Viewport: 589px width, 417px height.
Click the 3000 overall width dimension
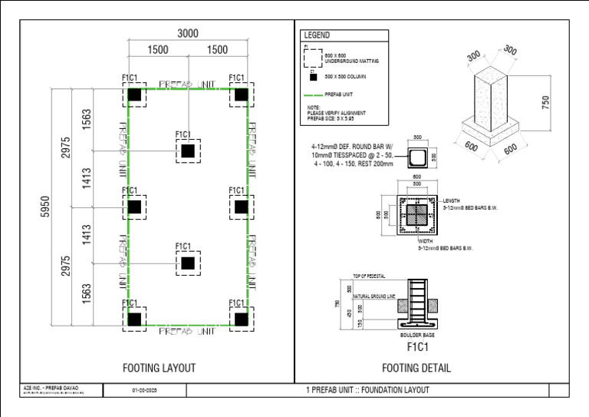(x=188, y=33)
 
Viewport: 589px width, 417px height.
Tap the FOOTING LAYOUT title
(x=159, y=368)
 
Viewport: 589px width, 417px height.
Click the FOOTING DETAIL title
(x=416, y=368)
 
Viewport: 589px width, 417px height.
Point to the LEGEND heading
(x=317, y=35)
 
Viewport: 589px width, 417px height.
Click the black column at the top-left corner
(x=134, y=94)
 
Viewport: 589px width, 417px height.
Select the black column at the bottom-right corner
(x=242, y=318)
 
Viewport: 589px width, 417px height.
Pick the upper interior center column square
(x=187, y=151)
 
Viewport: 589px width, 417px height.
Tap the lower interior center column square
(x=187, y=263)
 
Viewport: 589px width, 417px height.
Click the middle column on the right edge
(x=242, y=206)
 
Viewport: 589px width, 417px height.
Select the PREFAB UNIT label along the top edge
(x=187, y=82)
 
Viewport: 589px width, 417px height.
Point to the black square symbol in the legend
(x=312, y=77)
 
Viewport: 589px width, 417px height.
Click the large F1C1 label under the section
(x=418, y=347)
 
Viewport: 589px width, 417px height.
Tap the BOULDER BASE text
(x=418, y=336)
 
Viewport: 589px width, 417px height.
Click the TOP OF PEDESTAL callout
(x=368, y=276)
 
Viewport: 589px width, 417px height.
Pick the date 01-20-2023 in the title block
(x=146, y=390)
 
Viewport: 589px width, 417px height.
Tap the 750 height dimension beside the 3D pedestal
(x=546, y=103)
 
